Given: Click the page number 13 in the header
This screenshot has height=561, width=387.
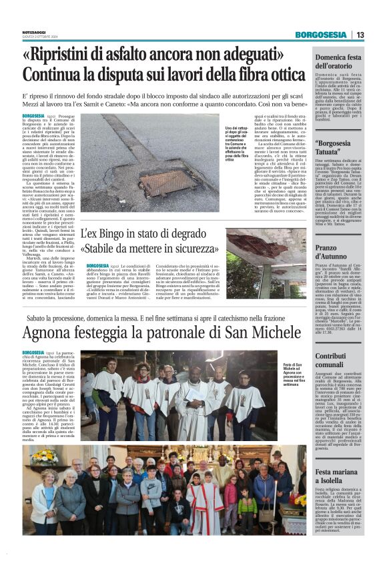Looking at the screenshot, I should (x=378, y=35).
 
